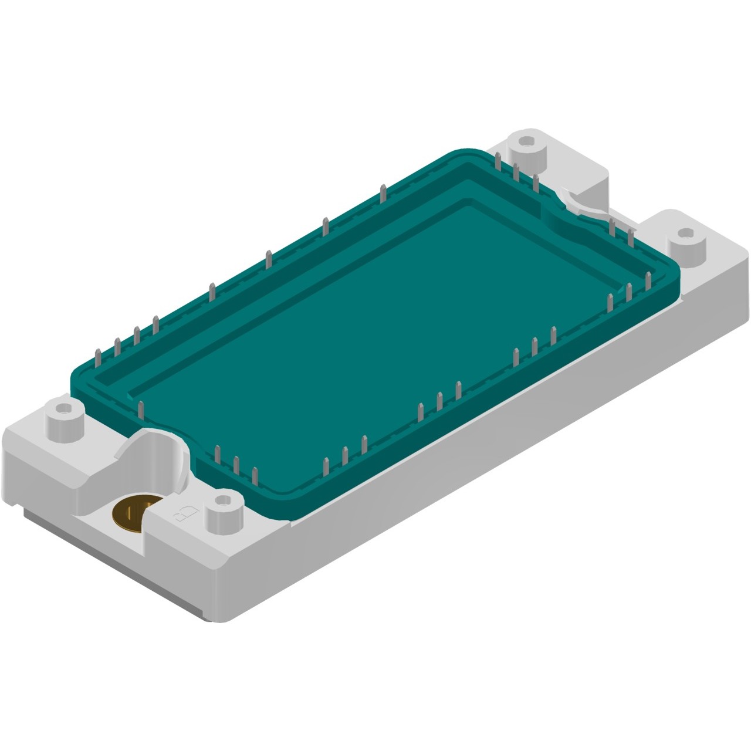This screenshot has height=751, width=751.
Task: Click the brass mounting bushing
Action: click(130, 514)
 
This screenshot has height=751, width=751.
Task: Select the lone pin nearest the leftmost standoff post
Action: click(141, 411)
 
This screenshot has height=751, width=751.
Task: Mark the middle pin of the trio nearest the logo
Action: click(236, 464)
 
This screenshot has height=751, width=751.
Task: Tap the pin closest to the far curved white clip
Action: click(611, 226)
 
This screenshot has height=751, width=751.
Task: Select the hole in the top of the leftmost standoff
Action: click(62, 407)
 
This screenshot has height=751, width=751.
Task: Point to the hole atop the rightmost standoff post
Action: click(684, 232)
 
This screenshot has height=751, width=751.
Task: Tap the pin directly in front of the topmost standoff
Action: click(516, 173)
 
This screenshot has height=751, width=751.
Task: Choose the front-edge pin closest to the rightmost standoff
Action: click(648, 280)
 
